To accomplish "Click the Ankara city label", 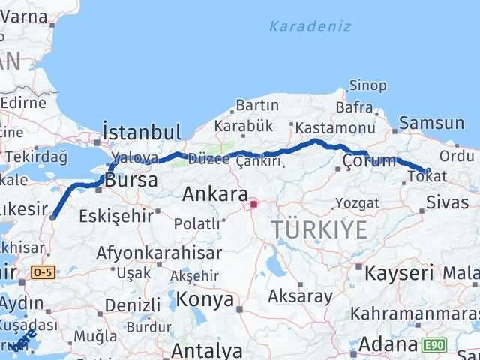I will point(215,195).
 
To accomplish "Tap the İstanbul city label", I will point(142,132).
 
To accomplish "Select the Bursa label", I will point(131,181).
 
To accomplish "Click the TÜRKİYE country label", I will point(320,229).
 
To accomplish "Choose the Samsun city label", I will point(432,123).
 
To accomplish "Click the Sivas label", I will point(447,202).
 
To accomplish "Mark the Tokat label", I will point(427,176).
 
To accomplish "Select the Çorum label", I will point(369,161).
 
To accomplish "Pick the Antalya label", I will point(207,350).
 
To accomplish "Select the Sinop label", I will point(367,88).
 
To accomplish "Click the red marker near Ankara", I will point(254,202).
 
